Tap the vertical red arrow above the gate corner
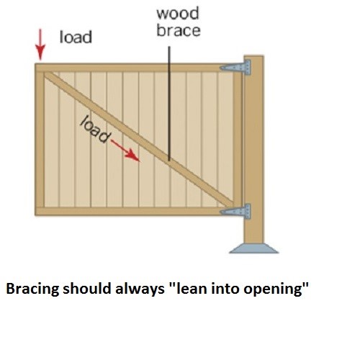click(x=40, y=45)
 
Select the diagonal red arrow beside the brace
click(x=125, y=150)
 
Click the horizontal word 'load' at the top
click(x=76, y=37)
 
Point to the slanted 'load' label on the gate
click(x=94, y=129)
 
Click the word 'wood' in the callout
click(x=178, y=14)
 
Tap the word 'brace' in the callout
click(x=179, y=30)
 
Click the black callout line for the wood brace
click(x=169, y=104)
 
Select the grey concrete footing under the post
click(x=253, y=248)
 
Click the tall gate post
click(x=253, y=149)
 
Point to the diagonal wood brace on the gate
click(x=139, y=139)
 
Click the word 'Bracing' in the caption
click(x=32, y=289)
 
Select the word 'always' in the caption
click(x=140, y=289)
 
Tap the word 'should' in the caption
click(x=87, y=288)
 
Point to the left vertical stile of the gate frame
click(x=40, y=139)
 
